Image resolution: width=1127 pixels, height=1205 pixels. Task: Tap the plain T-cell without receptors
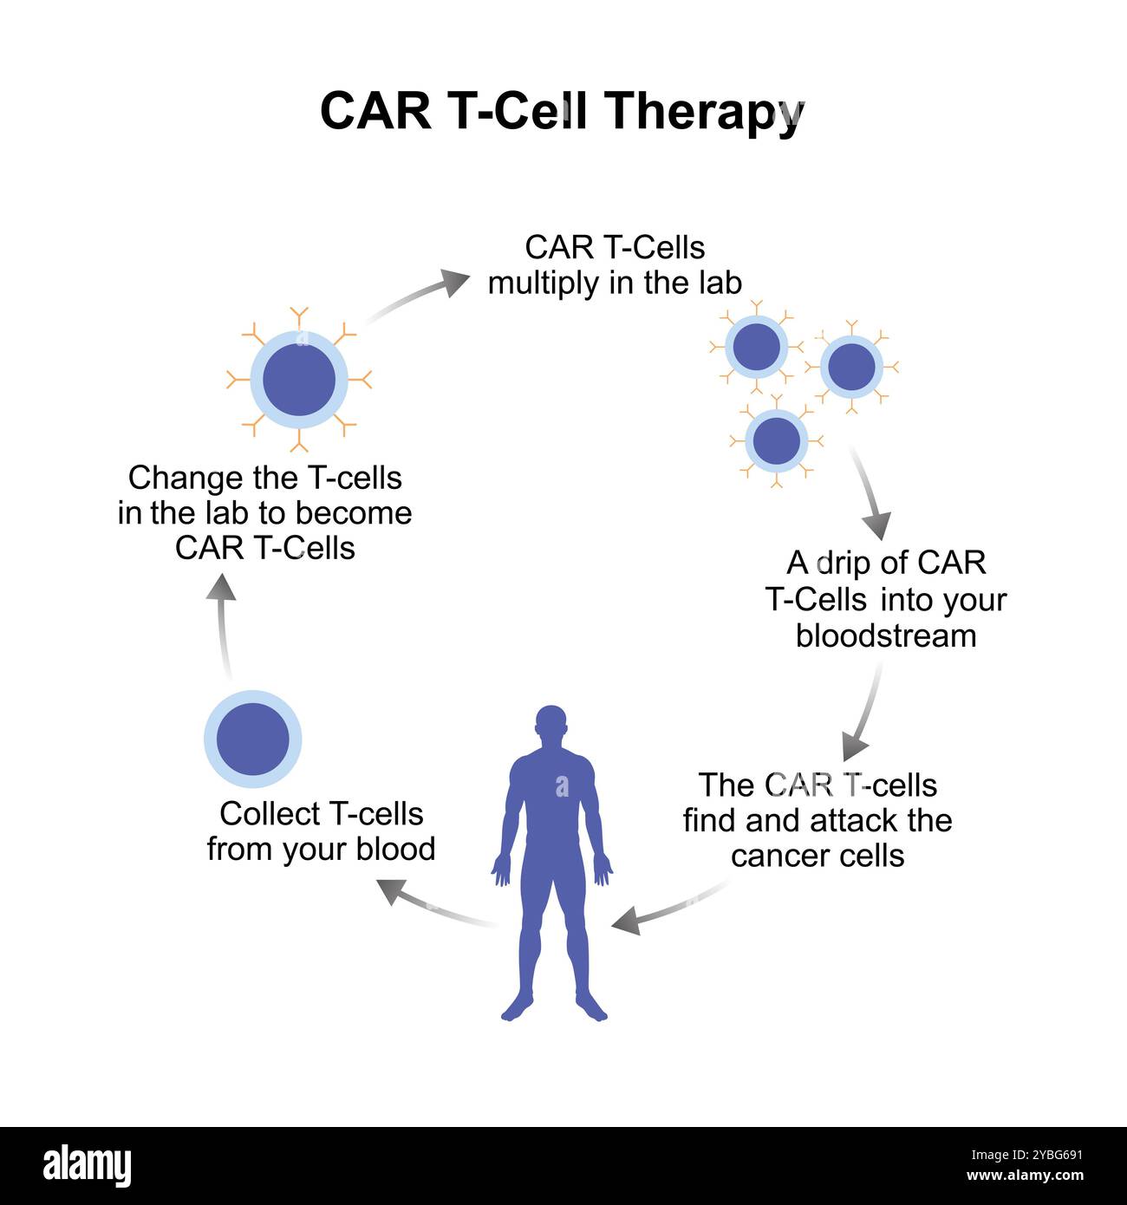point(252,739)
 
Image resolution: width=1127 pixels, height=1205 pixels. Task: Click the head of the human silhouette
point(550,726)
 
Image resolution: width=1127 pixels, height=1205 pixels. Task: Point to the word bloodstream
point(885,636)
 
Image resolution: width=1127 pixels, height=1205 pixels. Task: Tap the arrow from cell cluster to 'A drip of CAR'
point(870,494)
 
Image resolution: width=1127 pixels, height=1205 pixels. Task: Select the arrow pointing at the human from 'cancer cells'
point(668,908)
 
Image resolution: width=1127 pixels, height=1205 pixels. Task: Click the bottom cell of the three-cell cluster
point(776,440)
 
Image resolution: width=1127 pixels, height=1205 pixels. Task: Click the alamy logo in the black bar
point(87,1166)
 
